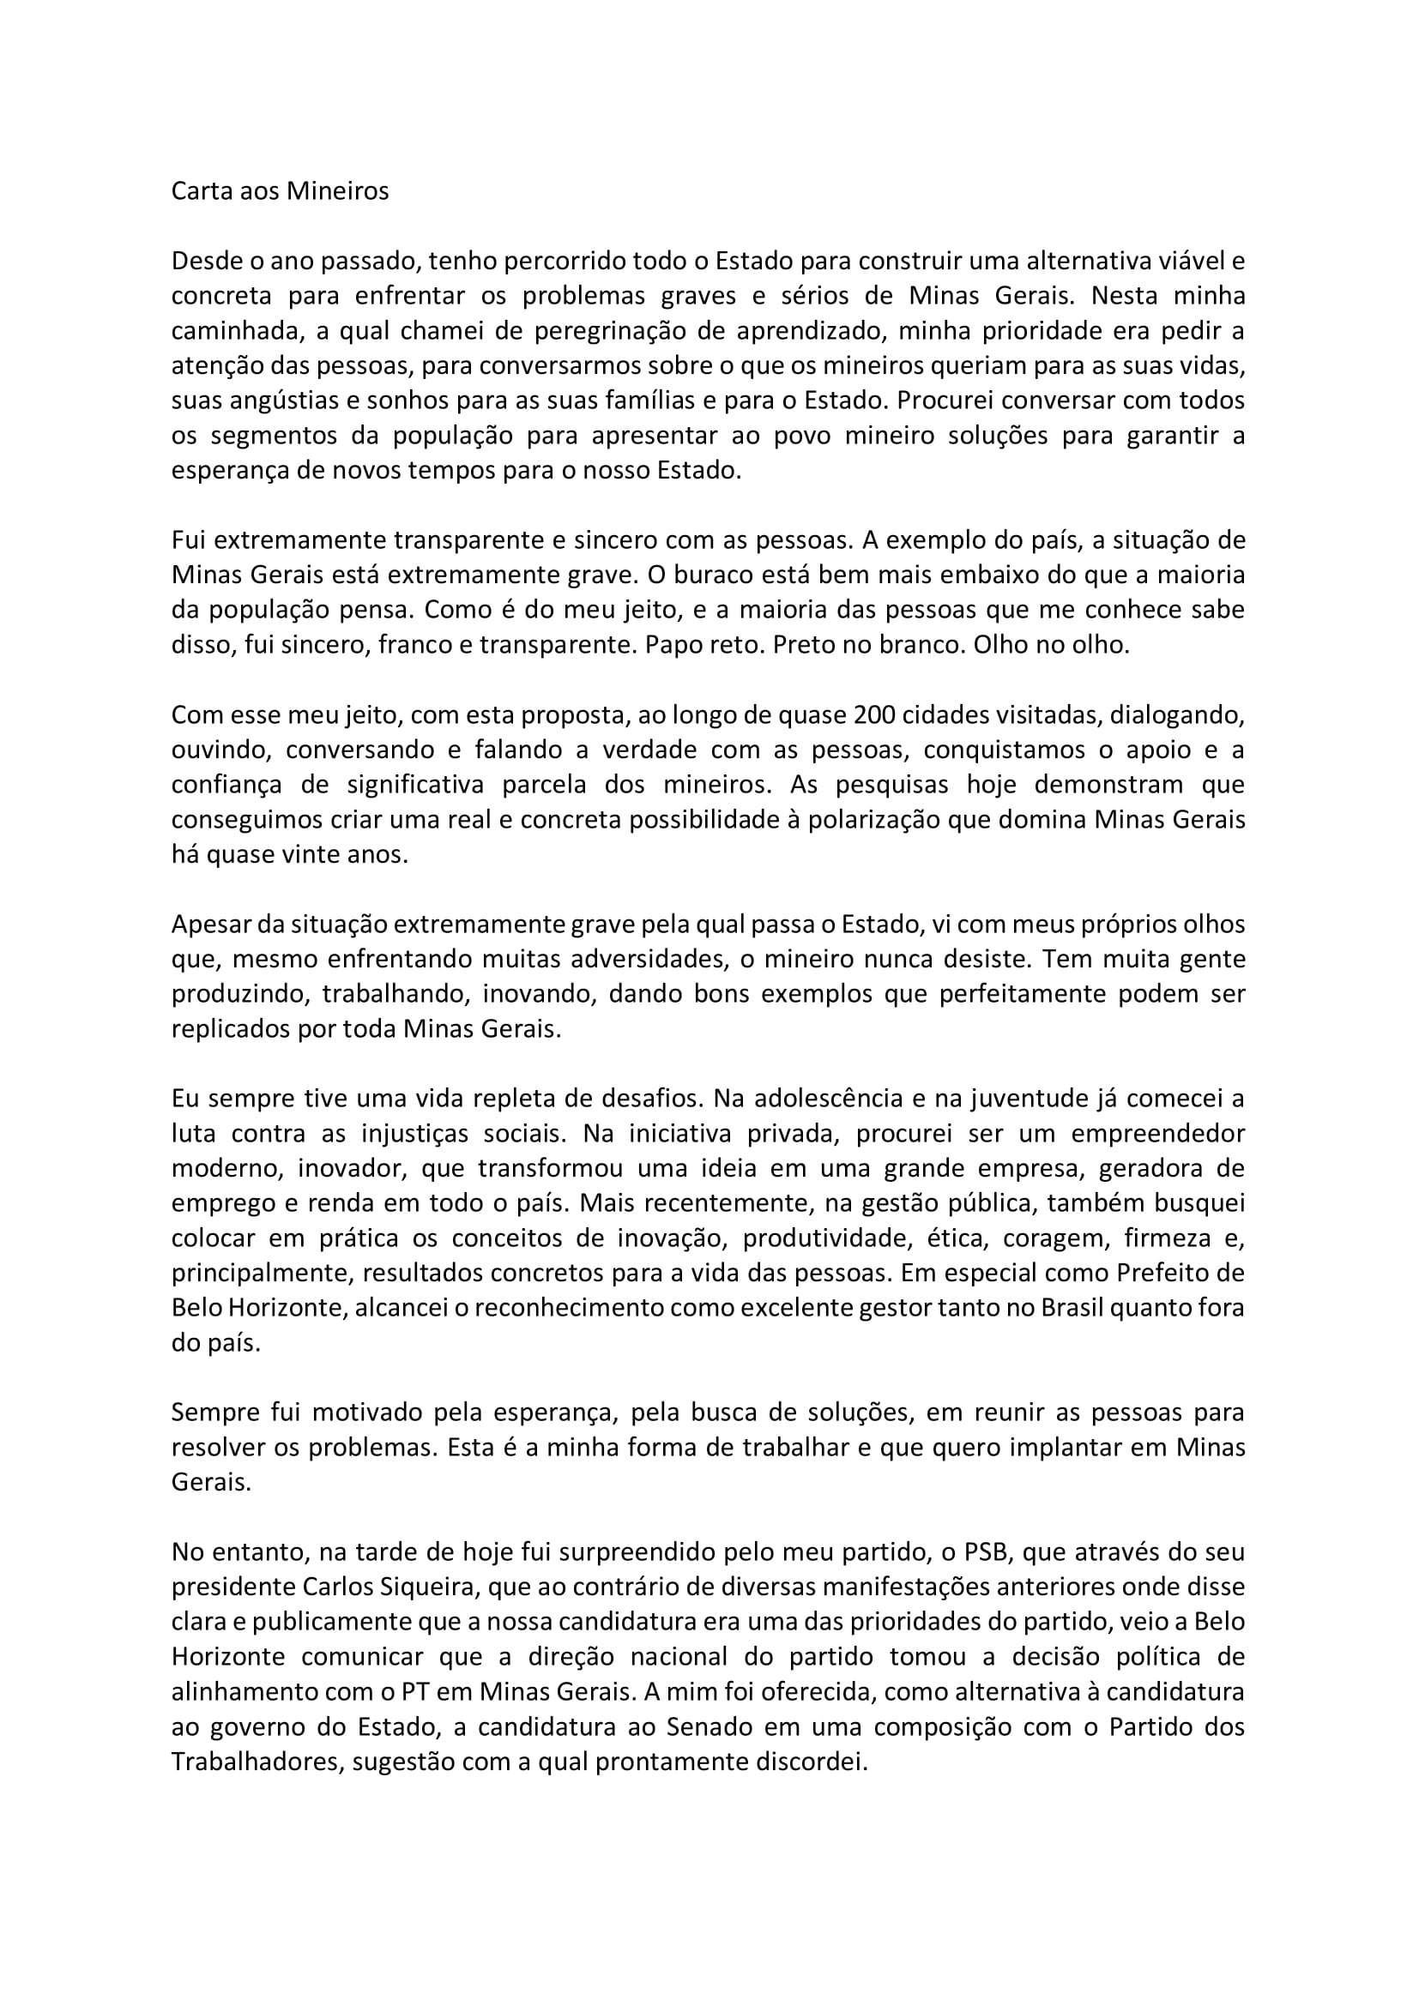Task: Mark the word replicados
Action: pos(229,1029)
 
